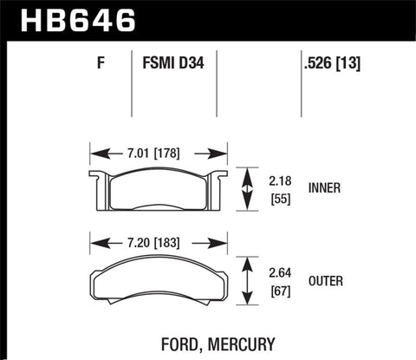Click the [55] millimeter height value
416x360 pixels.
pyautogui.click(x=279, y=199)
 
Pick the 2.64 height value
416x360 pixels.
pyautogui.click(x=279, y=271)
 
